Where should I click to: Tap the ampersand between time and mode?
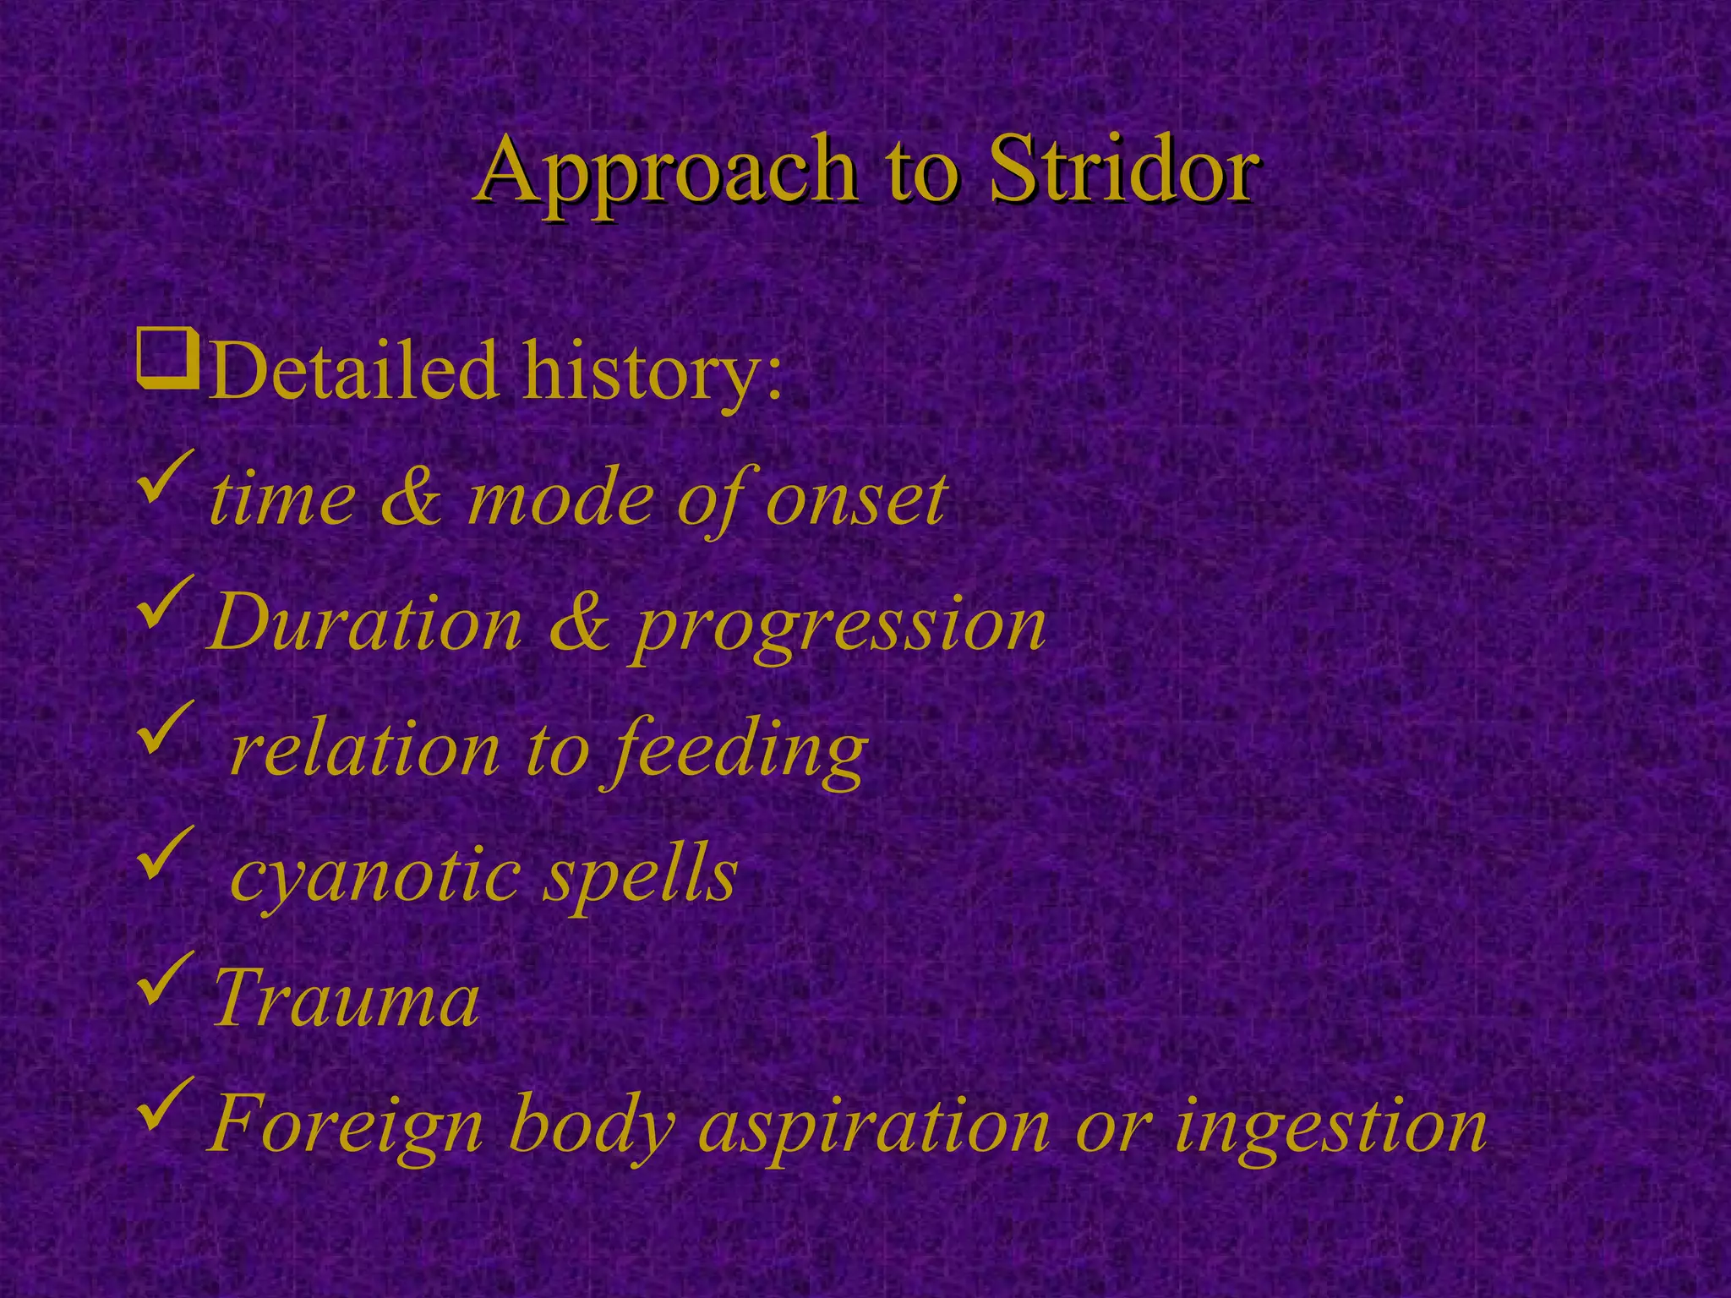pos(411,499)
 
